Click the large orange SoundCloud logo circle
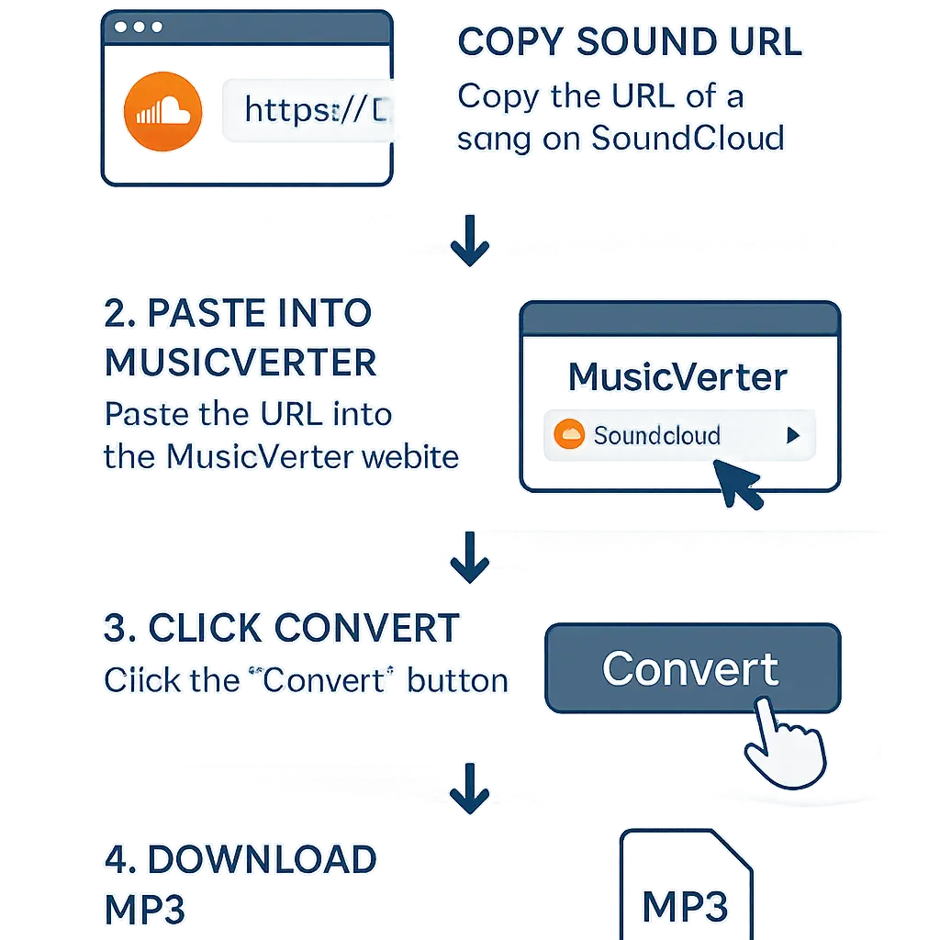coord(162,112)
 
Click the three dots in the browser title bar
coord(140,28)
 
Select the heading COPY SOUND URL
coord(629,43)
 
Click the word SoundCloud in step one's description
coord(688,138)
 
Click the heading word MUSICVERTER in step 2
coord(241,362)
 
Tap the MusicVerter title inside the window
coord(677,377)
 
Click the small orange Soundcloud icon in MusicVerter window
coord(569,434)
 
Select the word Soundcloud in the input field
coord(656,435)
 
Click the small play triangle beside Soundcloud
coord(793,436)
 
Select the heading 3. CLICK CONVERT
coord(281,629)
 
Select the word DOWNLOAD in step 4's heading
coord(262,860)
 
